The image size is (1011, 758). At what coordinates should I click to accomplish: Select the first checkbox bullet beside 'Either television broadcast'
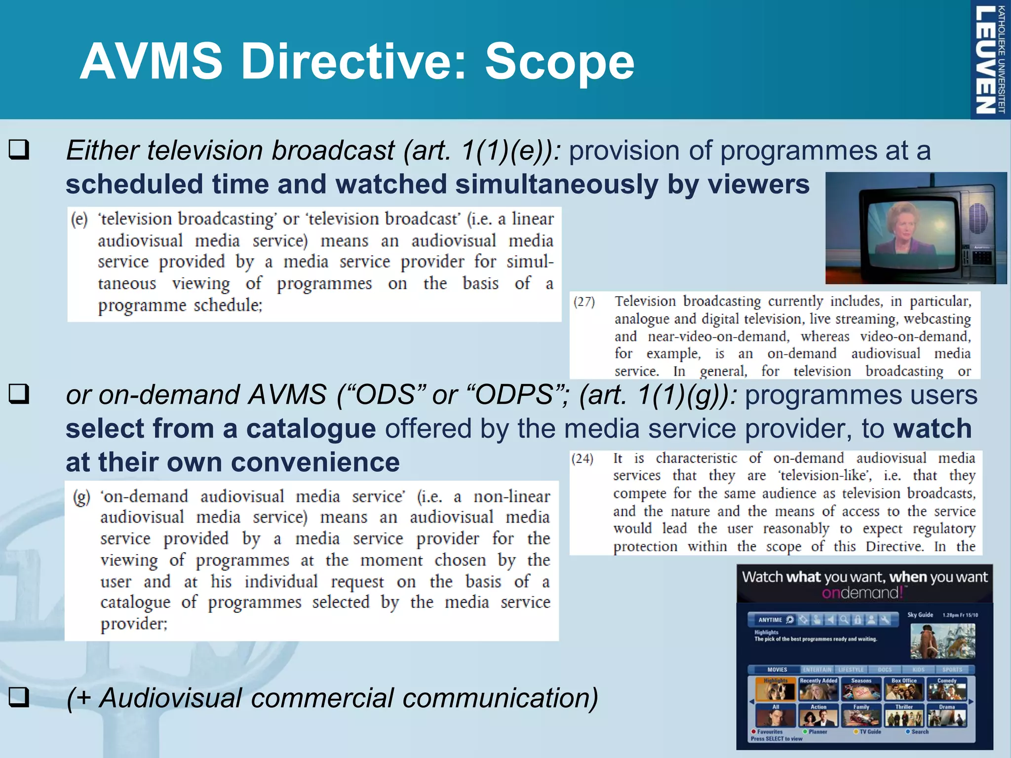[x=19, y=150]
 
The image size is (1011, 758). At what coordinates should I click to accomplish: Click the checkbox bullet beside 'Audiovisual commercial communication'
[x=19, y=697]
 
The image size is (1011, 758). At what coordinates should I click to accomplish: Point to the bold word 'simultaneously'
[x=556, y=184]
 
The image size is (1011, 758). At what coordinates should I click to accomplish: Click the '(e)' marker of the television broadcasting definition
[x=79, y=219]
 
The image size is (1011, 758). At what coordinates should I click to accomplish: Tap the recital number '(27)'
[x=584, y=302]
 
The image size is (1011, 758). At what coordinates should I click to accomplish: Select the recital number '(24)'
[x=582, y=458]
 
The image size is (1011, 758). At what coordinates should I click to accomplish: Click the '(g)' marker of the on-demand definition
[x=81, y=496]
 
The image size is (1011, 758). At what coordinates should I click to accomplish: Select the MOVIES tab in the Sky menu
[x=777, y=670]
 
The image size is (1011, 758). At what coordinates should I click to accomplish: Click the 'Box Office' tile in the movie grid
[x=904, y=689]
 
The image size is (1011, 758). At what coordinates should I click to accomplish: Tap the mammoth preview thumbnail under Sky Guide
[x=942, y=641]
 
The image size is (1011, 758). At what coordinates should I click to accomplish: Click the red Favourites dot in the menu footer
[x=754, y=731]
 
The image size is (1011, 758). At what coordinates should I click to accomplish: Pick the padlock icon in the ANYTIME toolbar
[x=858, y=620]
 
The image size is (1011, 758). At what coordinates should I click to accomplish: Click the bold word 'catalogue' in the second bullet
[x=311, y=428]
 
